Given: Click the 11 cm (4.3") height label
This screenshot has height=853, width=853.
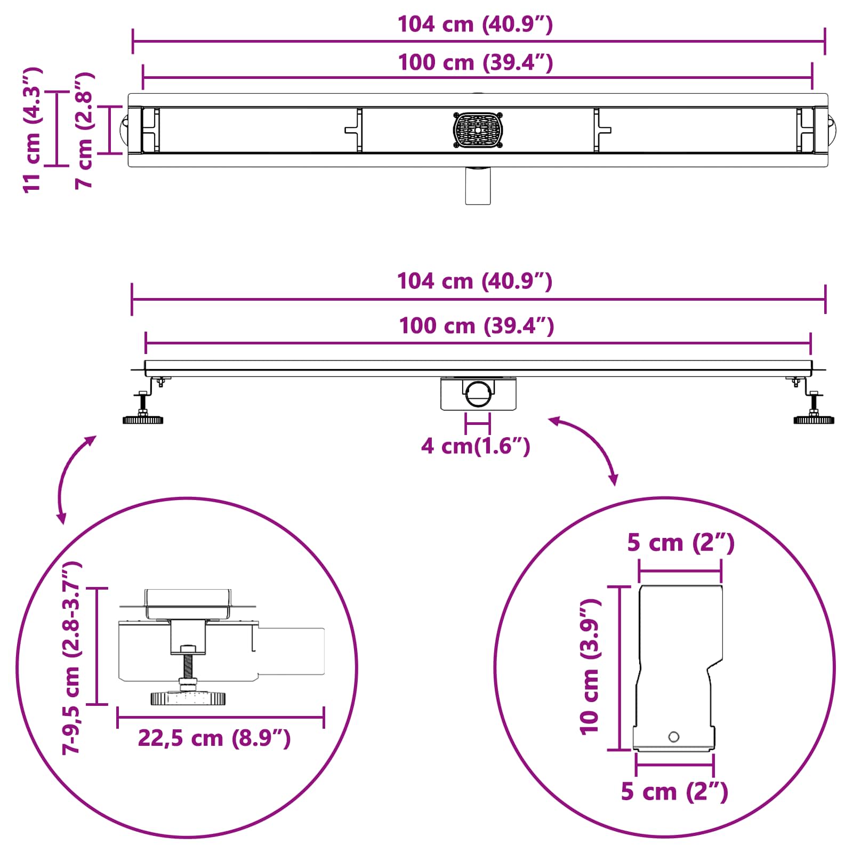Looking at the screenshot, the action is point(33,130).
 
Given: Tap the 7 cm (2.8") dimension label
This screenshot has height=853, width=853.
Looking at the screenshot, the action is point(84,130).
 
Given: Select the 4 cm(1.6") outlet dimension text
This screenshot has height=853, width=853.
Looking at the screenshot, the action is point(476,446).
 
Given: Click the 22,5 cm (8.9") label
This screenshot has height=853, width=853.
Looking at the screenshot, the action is point(214,738).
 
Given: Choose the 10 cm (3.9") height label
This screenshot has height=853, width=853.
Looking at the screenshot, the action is point(590,666).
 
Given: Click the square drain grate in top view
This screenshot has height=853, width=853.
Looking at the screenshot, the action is point(478,130).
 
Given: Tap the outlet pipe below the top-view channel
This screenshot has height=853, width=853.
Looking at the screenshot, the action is point(478,185).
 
